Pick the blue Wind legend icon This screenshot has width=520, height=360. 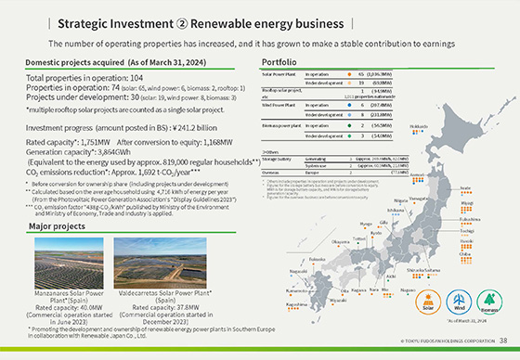coord(458,300)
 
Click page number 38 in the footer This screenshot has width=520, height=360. coord(502,341)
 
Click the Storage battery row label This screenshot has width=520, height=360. coord(276,159)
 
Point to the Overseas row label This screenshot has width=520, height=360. coord(272,172)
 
